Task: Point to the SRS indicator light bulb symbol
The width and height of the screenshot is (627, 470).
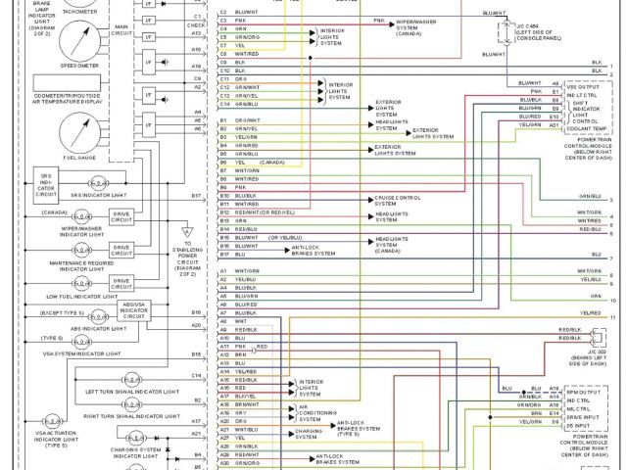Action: point(99,183)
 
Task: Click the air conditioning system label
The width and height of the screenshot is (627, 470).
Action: point(319,412)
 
